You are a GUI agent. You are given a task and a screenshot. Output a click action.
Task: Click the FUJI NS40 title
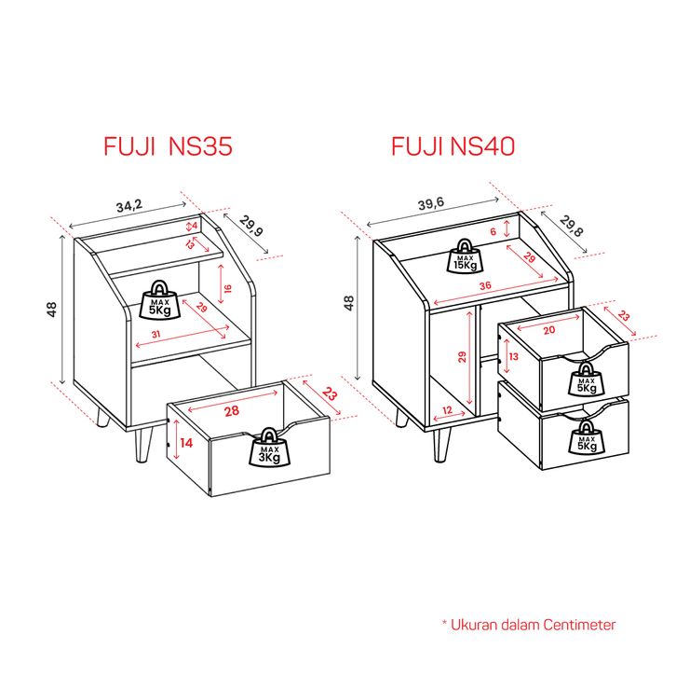tap(453, 146)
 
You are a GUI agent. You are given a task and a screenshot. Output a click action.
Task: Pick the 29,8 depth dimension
tap(574, 227)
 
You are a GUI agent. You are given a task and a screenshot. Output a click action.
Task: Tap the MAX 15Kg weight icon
tap(466, 255)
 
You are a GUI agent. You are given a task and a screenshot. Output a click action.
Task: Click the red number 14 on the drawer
tap(186, 443)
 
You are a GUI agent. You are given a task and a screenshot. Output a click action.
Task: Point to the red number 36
tap(484, 287)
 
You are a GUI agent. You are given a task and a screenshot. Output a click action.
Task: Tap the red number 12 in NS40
tap(447, 410)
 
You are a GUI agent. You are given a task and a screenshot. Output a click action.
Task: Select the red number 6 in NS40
tap(493, 232)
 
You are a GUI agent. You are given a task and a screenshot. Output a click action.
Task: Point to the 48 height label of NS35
tap(54, 309)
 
